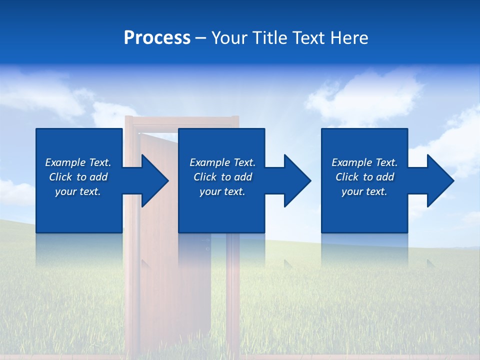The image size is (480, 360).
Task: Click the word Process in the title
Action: (x=157, y=38)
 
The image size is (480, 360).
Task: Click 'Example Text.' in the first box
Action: (x=78, y=162)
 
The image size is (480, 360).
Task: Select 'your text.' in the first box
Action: (x=78, y=191)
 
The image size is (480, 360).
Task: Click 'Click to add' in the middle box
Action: (x=222, y=177)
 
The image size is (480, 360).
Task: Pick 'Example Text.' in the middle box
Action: (x=222, y=162)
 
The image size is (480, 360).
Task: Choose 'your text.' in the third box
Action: (x=364, y=191)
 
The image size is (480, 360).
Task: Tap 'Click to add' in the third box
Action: (x=364, y=177)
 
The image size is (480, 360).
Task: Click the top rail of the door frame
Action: (x=182, y=120)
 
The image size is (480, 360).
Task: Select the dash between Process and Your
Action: (x=200, y=38)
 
